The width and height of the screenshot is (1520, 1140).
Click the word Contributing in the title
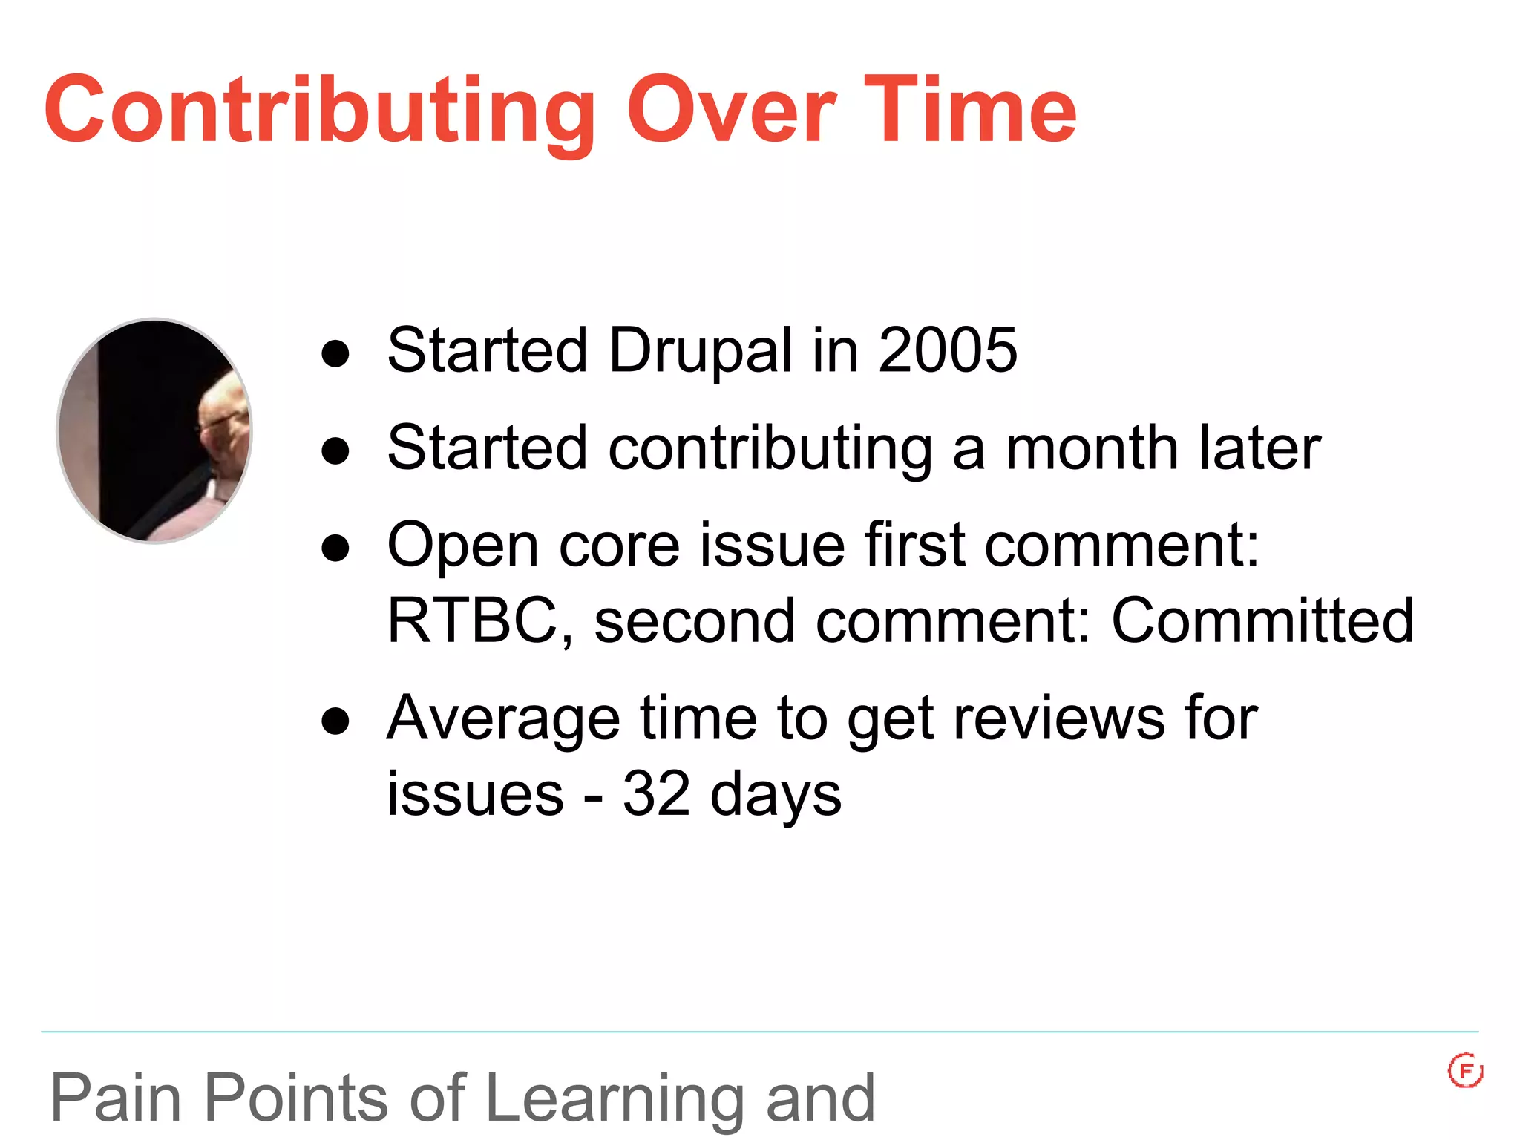(319, 111)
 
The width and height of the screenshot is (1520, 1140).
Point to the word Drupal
(701, 352)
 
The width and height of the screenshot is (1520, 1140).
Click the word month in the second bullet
(1092, 449)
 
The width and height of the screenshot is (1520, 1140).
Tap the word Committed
(1262, 621)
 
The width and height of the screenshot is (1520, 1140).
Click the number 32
(656, 794)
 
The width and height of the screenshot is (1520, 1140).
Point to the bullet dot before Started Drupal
(335, 354)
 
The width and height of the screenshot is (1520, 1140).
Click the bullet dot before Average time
(335, 721)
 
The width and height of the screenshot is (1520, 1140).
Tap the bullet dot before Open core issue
(335, 548)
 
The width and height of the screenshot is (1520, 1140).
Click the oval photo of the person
(154, 430)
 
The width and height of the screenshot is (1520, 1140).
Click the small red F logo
(1465, 1071)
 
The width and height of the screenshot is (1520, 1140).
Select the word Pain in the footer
(116, 1098)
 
